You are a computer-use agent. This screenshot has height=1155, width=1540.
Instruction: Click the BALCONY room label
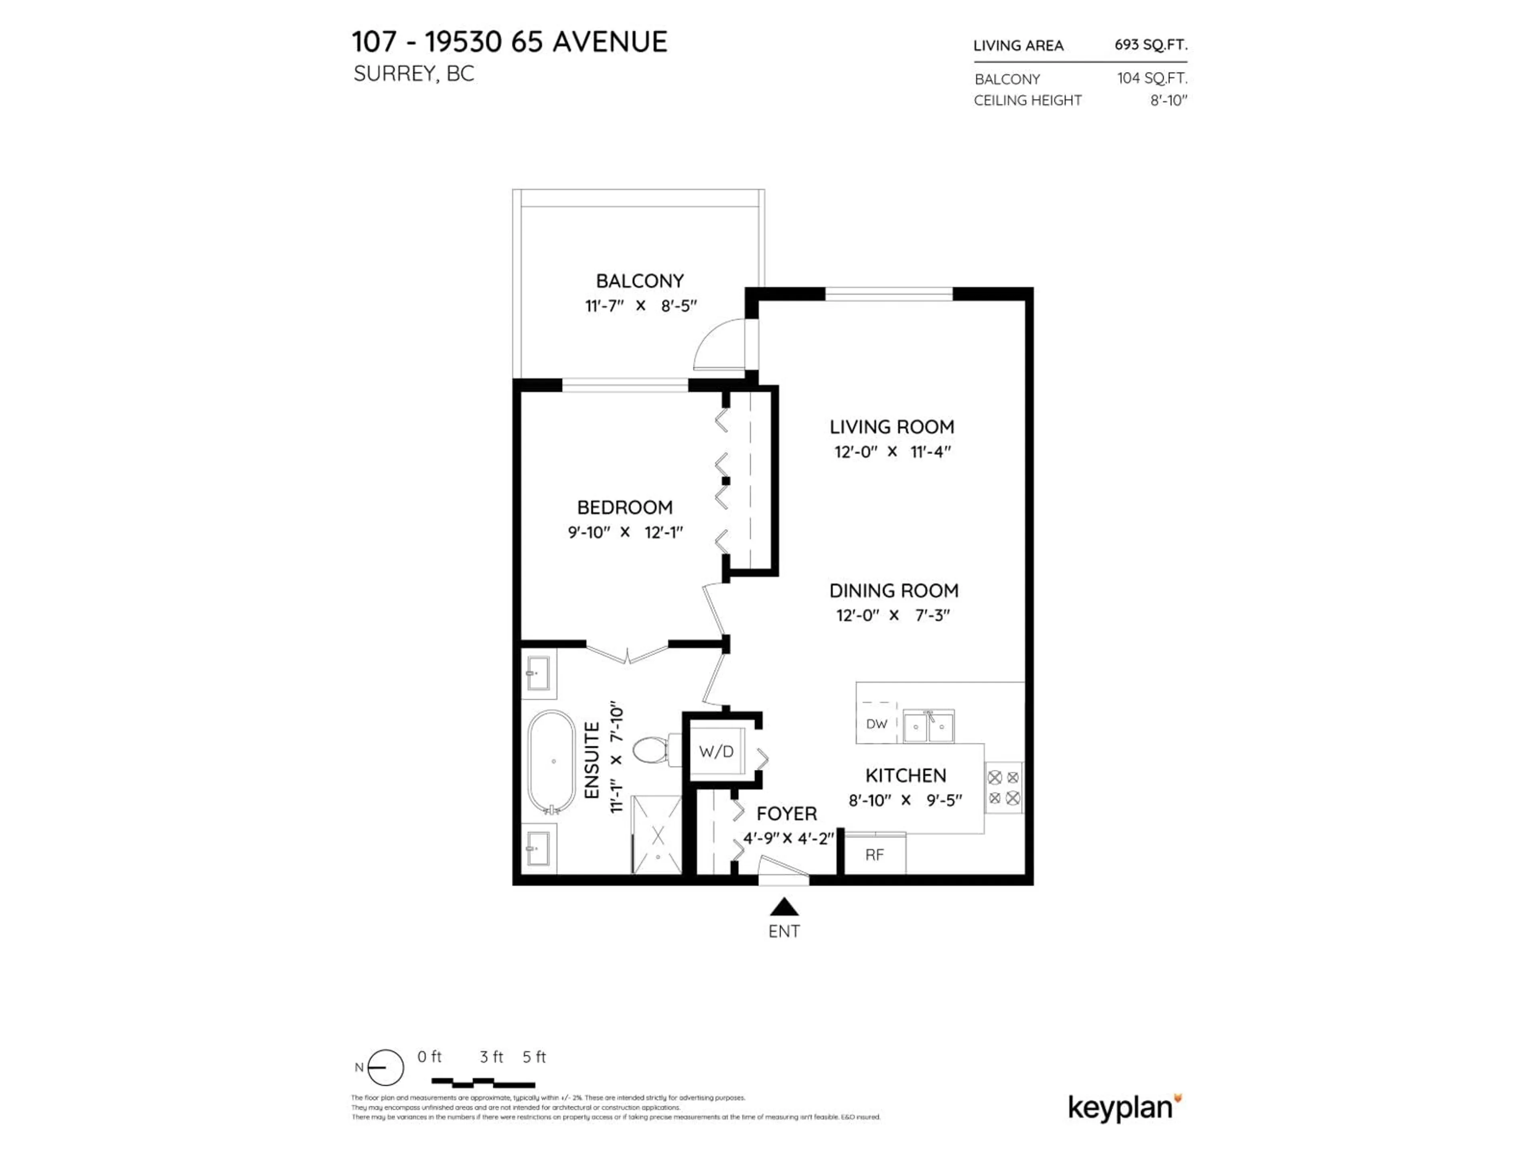[x=639, y=281]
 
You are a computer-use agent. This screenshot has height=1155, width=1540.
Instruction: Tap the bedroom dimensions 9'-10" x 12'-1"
[x=624, y=533]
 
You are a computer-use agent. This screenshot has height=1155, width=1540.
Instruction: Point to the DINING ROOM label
[x=893, y=590]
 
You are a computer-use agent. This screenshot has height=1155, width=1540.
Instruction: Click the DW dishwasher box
[x=877, y=724]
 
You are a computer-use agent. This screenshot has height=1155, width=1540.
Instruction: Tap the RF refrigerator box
[x=874, y=855]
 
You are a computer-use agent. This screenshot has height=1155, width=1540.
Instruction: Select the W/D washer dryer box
[x=716, y=752]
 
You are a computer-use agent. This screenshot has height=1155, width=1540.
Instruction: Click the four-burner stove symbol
[x=1003, y=787]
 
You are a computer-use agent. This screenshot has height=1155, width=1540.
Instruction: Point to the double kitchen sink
[x=928, y=727]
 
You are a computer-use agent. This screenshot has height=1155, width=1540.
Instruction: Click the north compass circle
[x=385, y=1067]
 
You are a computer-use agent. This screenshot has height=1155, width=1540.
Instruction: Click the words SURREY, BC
[x=413, y=74]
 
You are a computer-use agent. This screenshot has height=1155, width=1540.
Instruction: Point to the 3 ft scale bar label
[x=491, y=1057]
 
